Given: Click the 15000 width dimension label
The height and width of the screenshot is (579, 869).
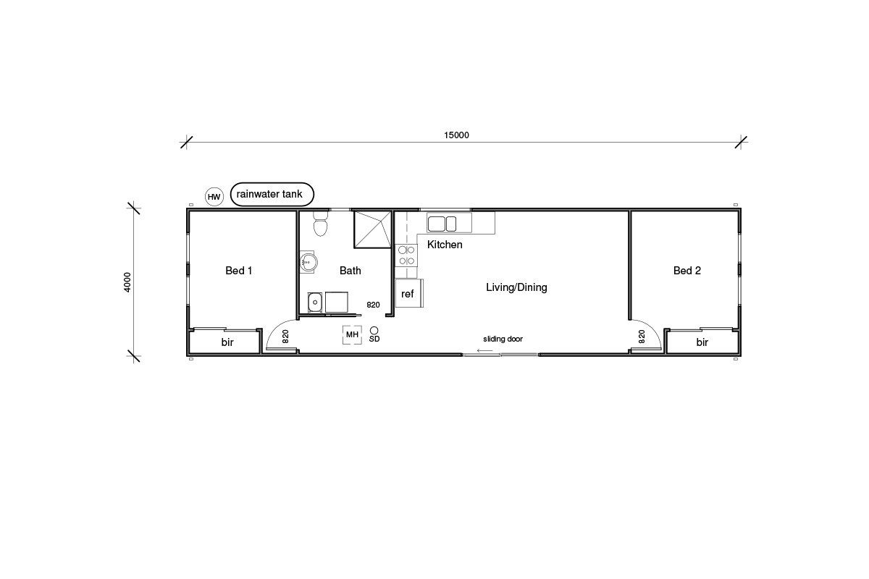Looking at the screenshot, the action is [456, 135].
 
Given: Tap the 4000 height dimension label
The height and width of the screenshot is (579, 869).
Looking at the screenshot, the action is [127, 282].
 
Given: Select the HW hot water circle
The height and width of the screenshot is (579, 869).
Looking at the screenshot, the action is [214, 197].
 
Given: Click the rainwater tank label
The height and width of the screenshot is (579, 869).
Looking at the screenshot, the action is [269, 194].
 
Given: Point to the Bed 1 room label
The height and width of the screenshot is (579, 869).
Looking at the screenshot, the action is [238, 270].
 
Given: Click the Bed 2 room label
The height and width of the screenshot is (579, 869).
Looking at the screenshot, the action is [687, 270].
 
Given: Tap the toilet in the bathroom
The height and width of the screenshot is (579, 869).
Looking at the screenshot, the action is [320, 224].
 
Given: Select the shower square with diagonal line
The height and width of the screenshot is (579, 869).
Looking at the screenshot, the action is [372, 229].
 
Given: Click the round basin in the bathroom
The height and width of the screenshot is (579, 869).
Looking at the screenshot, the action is [308, 262].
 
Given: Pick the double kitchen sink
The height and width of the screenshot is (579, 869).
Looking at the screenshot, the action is [442, 224].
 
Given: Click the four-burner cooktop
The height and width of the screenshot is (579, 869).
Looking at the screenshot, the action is [406, 255].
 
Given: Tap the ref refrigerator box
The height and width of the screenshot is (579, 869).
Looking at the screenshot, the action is [409, 293].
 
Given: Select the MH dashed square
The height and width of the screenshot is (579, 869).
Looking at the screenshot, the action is [352, 334].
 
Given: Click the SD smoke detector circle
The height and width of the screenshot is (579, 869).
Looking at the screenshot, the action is [374, 331].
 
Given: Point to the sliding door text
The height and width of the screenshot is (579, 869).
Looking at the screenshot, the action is [503, 339].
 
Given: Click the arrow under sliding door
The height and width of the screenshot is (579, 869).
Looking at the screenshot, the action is [484, 350].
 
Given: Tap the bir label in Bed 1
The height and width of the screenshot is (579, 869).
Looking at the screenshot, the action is [227, 342].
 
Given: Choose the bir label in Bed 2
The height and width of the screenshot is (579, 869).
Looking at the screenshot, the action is [702, 342].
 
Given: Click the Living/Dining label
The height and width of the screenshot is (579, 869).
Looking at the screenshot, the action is [516, 287].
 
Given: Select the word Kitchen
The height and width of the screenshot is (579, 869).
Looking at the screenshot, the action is [445, 245].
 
